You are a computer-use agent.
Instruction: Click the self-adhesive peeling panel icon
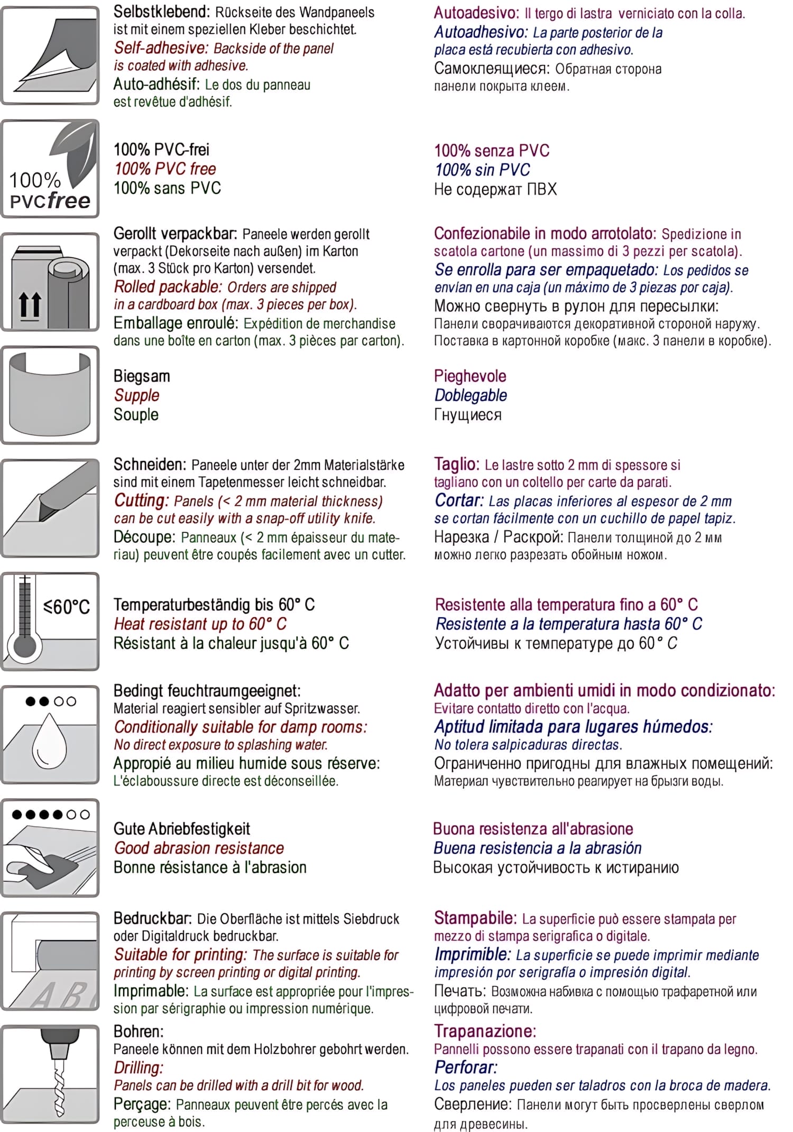[x=50, y=55]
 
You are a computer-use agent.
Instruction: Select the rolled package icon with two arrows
[x=50, y=282]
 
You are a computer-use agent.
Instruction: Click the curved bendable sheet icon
[x=50, y=395]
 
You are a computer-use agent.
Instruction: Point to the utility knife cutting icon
[x=50, y=508]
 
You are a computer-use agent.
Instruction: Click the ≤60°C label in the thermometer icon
[x=67, y=607]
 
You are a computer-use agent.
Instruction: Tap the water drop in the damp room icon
[x=50, y=741]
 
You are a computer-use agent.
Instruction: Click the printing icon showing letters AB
[x=50, y=961]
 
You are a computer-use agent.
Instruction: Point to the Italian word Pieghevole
[x=470, y=376]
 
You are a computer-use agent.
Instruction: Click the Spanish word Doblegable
[x=471, y=395]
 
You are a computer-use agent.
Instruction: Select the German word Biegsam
[x=142, y=376]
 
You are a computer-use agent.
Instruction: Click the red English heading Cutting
[x=141, y=500]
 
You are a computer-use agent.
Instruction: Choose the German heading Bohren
[x=139, y=1031]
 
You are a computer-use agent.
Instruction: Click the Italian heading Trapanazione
[x=485, y=1031]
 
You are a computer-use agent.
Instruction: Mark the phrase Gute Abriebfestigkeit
[x=182, y=829]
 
